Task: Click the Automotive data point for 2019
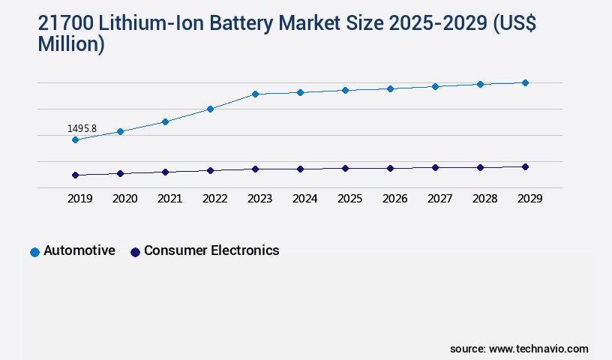75,139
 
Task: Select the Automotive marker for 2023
255,94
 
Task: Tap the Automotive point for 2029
525,82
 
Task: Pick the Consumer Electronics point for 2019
75,175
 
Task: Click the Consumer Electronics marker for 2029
525,166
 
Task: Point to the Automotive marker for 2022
210,109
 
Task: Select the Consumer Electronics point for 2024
300,169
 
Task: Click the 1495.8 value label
82,128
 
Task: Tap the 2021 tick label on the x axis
169,199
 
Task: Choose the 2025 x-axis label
349,199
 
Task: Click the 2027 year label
439,199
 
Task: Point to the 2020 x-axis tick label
124,199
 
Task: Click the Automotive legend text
79,250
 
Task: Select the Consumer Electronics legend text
211,250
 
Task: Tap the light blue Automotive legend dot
34,252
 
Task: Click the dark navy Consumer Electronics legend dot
135,252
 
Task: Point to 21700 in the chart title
66,24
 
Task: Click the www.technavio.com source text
538,349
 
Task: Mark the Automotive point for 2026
390,88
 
